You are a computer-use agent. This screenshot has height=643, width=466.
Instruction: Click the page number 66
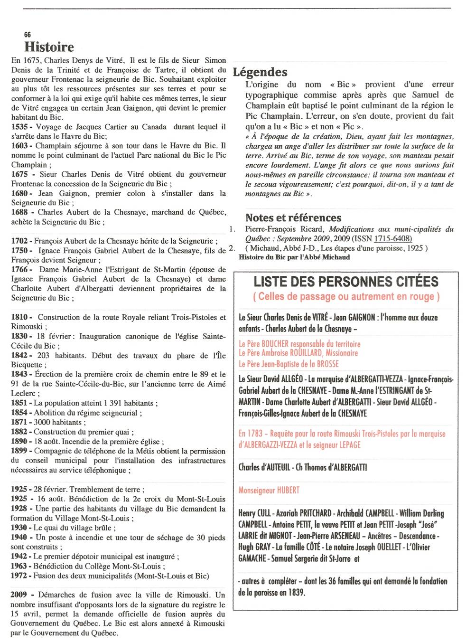pyautogui.click(x=27, y=35)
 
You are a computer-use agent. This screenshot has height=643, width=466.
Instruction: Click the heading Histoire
pyautogui.click(x=49, y=47)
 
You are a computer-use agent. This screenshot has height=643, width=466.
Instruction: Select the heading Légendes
pyautogui.click(x=260, y=72)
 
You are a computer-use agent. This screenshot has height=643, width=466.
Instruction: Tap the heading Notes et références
pyautogui.click(x=293, y=218)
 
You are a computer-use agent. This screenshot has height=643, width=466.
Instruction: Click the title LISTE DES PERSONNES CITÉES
pyautogui.click(x=346, y=282)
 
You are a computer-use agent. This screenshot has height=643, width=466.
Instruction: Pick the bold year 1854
pyautogui.click(x=19, y=413)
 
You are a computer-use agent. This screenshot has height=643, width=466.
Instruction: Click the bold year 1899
pyautogui.click(x=19, y=451)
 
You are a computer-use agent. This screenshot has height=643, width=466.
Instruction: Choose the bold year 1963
pyautogui.click(x=19, y=566)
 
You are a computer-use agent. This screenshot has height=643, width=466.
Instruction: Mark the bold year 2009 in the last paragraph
pyautogui.click(x=19, y=595)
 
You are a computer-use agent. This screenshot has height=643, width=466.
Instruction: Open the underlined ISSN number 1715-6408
pyautogui.click(x=392, y=239)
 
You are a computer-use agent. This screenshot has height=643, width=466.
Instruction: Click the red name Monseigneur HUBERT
pyautogui.click(x=269, y=490)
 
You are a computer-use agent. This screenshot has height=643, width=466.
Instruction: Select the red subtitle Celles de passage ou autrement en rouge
pyautogui.click(x=346, y=297)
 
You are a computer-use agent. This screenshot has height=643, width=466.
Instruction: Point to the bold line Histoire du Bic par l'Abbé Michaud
pyautogui.click(x=294, y=257)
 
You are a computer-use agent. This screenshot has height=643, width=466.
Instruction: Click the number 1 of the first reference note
pyautogui.click(x=232, y=229)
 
